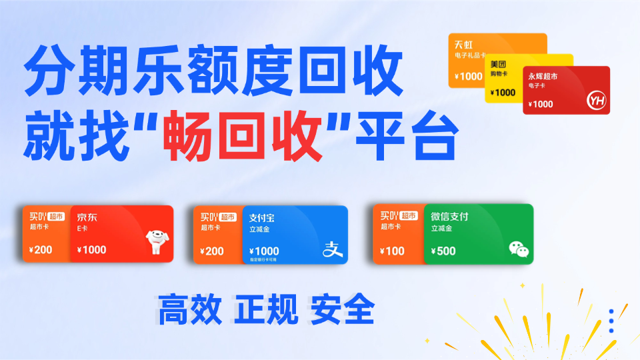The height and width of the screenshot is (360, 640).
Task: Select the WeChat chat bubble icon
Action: point(518,249)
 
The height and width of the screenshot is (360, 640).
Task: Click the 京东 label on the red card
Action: point(87,217)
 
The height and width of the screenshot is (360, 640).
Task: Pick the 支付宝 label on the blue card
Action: point(262,217)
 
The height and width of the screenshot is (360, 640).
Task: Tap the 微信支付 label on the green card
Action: point(449,217)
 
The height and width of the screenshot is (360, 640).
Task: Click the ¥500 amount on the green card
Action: point(443,251)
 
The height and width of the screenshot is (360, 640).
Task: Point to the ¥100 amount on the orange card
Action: point(394,251)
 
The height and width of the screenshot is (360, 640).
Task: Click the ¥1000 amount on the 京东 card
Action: point(91,251)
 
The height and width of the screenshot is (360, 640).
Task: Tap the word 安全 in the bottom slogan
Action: point(343,309)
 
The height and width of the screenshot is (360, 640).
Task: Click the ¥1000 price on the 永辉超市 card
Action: point(540,104)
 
